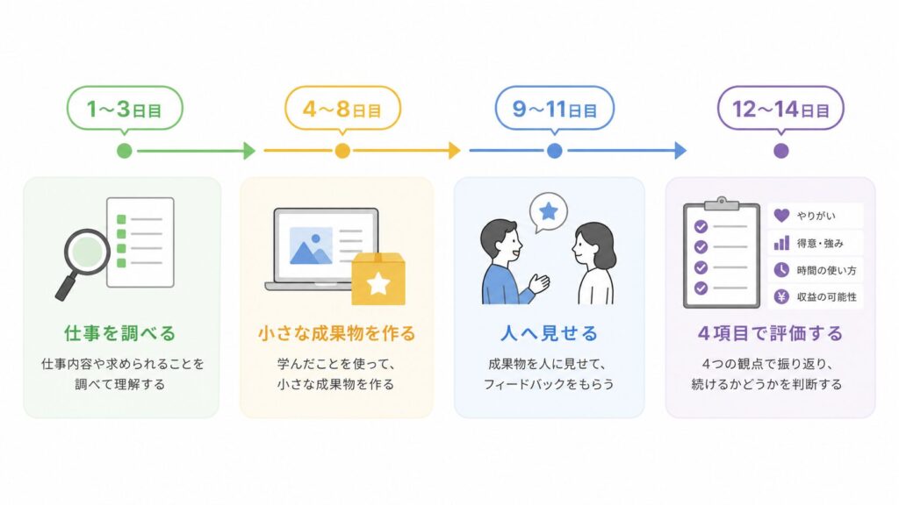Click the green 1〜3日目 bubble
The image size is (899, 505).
click(x=125, y=108)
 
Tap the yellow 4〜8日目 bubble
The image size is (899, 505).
click(x=343, y=108)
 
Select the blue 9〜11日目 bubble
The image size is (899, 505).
click(x=555, y=108)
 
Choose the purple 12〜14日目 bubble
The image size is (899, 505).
click(x=780, y=108)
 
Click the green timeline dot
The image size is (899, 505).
click(x=125, y=151)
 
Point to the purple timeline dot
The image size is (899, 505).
click(x=780, y=151)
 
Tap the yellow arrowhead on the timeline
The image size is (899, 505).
click(x=455, y=151)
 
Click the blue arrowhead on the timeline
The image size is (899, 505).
click(x=680, y=151)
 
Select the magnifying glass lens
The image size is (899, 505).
click(x=87, y=252)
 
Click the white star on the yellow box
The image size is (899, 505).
click(x=378, y=283)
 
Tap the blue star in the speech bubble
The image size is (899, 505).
click(x=549, y=211)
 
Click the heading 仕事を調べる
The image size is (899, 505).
click(x=119, y=333)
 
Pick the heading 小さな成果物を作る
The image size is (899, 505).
click(x=336, y=333)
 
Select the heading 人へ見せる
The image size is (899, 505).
click(x=550, y=333)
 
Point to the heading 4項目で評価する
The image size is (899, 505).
click(x=770, y=333)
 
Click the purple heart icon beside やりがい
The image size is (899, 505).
click(x=781, y=216)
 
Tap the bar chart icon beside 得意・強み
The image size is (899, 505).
click(x=781, y=243)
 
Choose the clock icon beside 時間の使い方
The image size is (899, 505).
click(x=781, y=270)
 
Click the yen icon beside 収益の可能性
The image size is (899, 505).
click(x=781, y=296)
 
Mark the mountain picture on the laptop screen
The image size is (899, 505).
click(x=311, y=246)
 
